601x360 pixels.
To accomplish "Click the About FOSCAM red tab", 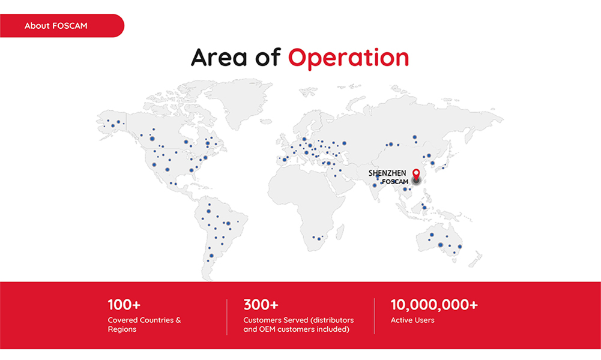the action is tap(62, 26).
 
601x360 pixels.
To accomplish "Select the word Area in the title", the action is tap(219, 58).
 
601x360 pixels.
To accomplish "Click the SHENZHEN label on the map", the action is tap(387, 173).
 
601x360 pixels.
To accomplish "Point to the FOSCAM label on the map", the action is tap(395, 182).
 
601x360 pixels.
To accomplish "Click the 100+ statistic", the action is tap(124, 305).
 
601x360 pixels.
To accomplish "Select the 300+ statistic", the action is tap(261, 305).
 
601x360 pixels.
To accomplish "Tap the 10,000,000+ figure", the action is tap(434, 305).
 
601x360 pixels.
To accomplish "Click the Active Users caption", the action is tap(412, 320).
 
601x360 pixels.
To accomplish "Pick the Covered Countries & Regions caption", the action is tap(144, 325).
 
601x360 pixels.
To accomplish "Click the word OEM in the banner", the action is tap(268, 329).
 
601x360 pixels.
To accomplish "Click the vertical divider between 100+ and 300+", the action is tap(227, 317).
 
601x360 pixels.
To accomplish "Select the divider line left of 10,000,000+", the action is tap(375, 316).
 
